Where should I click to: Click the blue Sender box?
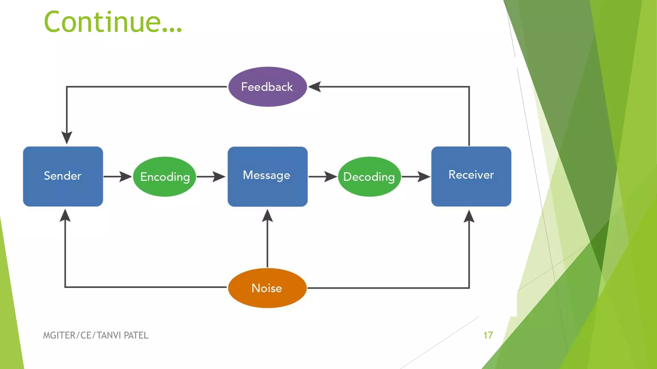click(x=63, y=176)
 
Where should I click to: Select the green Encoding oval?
click(x=165, y=176)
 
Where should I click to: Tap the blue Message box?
click(x=267, y=176)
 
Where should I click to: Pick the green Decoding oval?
click(x=369, y=176)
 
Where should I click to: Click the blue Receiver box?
click(x=471, y=176)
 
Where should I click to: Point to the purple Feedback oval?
click(x=267, y=87)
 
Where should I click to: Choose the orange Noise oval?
click(x=267, y=288)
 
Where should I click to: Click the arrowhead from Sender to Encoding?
click(x=125, y=176)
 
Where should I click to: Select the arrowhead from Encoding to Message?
click(x=219, y=176)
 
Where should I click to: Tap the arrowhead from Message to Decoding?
click(x=330, y=176)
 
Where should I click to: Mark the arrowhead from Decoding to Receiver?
click(x=424, y=176)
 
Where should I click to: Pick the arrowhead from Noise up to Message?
click(x=267, y=216)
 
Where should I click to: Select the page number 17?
click(x=488, y=335)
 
